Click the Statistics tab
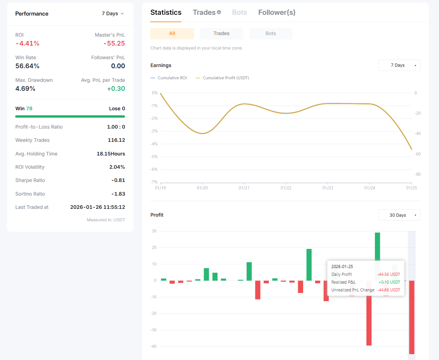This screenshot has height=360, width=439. [166, 12]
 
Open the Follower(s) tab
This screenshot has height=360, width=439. [277, 12]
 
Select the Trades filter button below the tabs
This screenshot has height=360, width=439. [221, 34]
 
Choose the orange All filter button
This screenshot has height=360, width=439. [172, 34]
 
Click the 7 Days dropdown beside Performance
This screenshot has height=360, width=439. [113, 14]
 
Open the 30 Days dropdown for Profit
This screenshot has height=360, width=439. [399, 215]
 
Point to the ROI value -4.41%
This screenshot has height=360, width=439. [27, 43]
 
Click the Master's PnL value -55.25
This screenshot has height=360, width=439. [114, 43]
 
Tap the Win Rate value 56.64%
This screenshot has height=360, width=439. [27, 66]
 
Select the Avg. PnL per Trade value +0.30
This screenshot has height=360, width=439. [116, 88]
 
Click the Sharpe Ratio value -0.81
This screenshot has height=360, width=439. [118, 180]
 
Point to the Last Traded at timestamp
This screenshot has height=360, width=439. [97, 207]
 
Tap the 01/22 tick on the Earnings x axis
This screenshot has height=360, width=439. [286, 188]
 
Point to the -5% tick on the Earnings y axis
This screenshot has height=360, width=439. [154, 157]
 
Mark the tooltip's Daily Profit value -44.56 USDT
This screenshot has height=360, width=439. [388, 274]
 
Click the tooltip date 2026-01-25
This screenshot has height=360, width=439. [342, 266]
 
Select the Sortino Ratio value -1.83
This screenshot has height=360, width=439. [118, 194]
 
